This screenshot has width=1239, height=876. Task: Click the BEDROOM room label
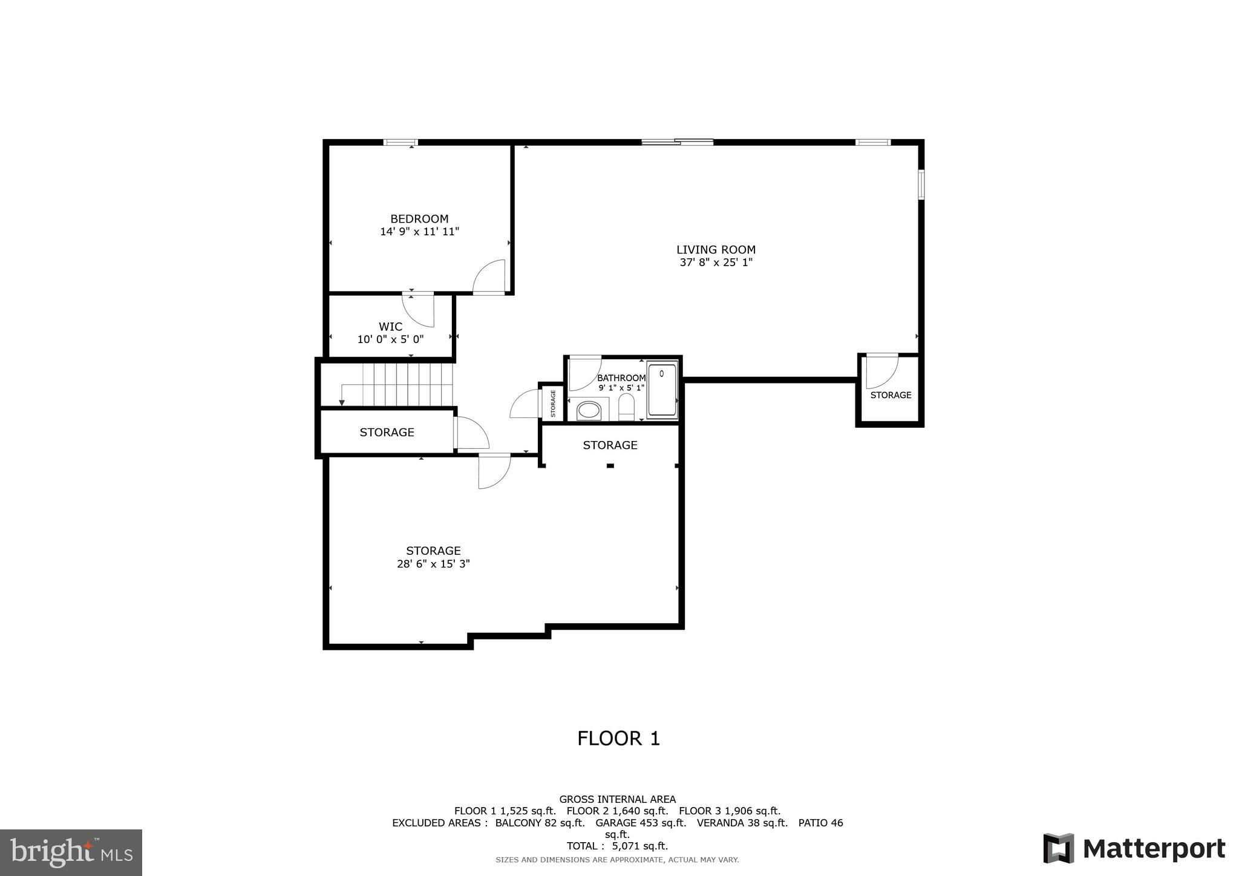(x=419, y=219)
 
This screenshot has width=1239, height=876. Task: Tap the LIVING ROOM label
(x=716, y=250)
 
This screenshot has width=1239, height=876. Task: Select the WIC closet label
(x=390, y=327)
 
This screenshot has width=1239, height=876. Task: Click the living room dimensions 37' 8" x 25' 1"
(x=716, y=263)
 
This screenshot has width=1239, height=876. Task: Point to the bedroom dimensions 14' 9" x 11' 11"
(x=419, y=232)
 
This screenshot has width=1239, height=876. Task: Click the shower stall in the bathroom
(x=662, y=389)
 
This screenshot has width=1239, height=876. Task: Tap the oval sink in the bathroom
(x=589, y=411)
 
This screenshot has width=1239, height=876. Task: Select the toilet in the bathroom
(x=626, y=407)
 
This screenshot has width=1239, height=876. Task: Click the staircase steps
(x=397, y=385)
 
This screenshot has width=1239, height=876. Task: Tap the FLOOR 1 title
(x=618, y=739)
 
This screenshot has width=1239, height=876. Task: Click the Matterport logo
(x=1134, y=848)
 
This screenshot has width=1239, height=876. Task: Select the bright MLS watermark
(x=71, y=852)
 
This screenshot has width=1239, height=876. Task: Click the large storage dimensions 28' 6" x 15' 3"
(x=433, y=564)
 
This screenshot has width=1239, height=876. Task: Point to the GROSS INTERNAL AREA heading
(x=617, y=799)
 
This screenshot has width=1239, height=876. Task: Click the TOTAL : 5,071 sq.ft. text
(x=617, y=846)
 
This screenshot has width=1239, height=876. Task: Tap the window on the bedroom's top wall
(x=400, y=143)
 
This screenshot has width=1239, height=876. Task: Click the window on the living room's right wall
(x=921, y=185)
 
